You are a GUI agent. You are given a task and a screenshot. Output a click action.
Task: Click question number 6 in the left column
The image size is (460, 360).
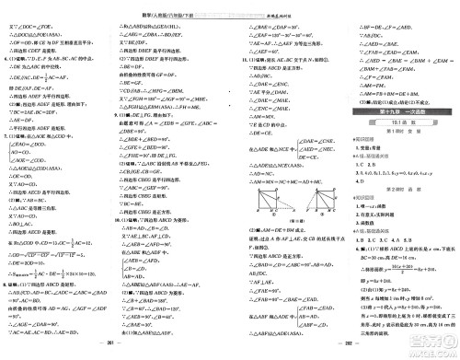6,57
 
